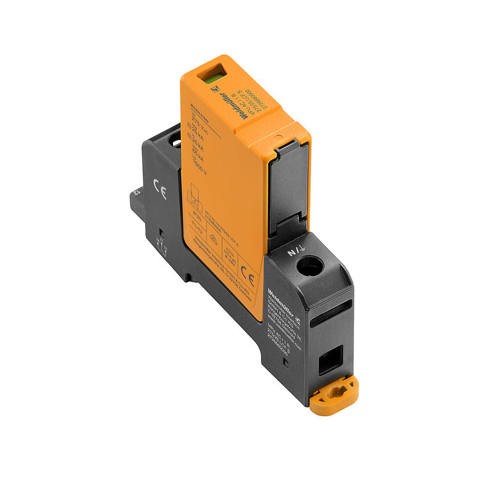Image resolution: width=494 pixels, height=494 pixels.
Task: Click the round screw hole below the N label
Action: click(x=309, y=267)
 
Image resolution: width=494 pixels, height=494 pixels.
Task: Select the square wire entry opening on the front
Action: click(x=329, y=360)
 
